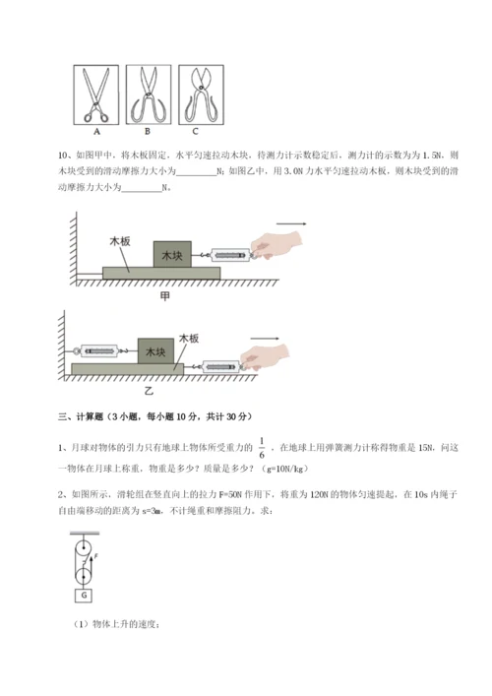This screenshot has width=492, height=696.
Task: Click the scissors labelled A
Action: (98, 94)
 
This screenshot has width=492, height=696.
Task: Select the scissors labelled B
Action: (150, 94)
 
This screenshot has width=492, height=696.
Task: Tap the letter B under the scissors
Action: (150, 130)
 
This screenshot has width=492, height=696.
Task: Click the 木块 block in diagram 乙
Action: (155, 349)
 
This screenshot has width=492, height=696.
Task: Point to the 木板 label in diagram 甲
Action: (121, 240)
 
